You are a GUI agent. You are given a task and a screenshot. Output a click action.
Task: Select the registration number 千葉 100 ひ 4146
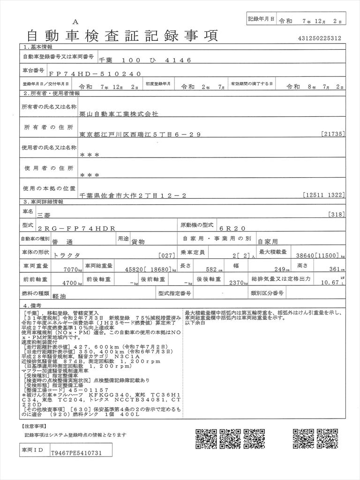[145, 60]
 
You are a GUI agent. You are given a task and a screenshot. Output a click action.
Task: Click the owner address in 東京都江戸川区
[140, 135]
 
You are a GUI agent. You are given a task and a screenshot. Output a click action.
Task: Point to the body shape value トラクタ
[67, 255]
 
